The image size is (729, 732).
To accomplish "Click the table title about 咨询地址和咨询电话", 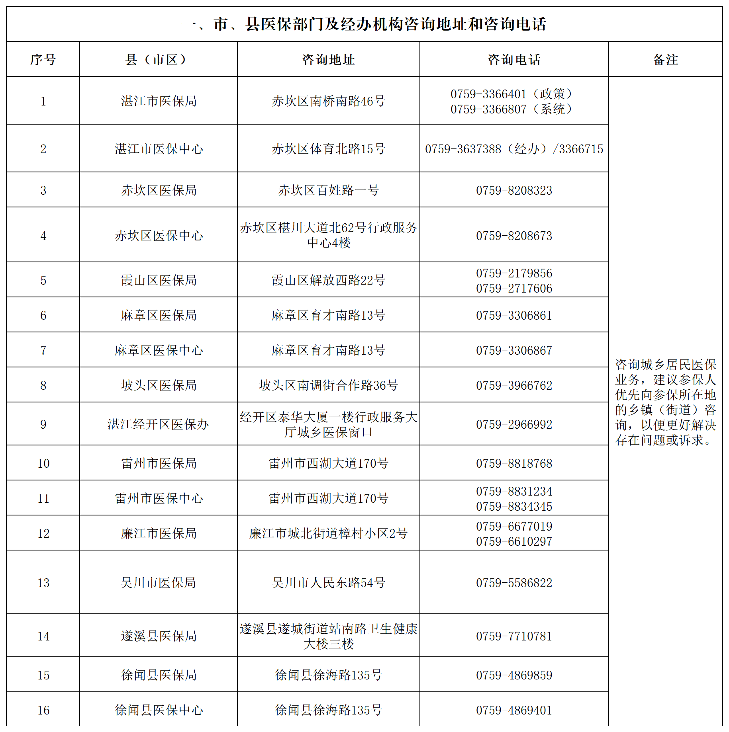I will point(364,24).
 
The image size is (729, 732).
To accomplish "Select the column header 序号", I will point(43,60).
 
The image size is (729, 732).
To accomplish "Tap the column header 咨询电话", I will point(514,60).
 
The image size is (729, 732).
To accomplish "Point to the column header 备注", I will point(665,60).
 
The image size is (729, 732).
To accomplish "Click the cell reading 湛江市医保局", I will point(159,101).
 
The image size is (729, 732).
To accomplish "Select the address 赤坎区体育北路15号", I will point(328,149).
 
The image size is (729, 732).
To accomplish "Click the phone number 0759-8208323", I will point(514,190).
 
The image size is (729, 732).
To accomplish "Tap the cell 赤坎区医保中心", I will point(159,236).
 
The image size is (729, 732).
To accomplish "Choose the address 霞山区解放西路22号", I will point(328,280).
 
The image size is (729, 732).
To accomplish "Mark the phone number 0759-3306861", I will point(514,315).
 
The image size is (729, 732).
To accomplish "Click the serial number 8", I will point(43,385).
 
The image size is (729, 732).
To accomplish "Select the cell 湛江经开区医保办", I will point(159,424).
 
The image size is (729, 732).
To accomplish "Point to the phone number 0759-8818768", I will point(514,463).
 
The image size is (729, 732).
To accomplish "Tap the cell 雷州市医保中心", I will point(159,498).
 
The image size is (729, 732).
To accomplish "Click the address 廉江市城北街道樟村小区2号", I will point(328,533).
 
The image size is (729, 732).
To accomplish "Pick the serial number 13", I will point(43,583).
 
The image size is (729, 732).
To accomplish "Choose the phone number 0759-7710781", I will point(514,636).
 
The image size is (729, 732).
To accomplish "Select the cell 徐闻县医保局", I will point(159,675).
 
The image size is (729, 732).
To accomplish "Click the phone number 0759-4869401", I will point(514,710).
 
